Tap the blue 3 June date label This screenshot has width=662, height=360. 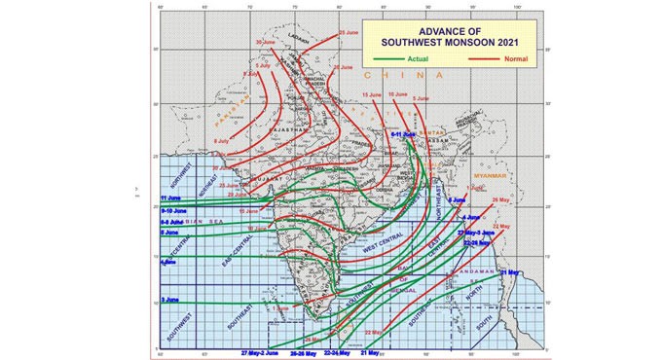(x=168, y=300)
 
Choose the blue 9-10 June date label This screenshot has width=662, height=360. (x=172, y=210)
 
